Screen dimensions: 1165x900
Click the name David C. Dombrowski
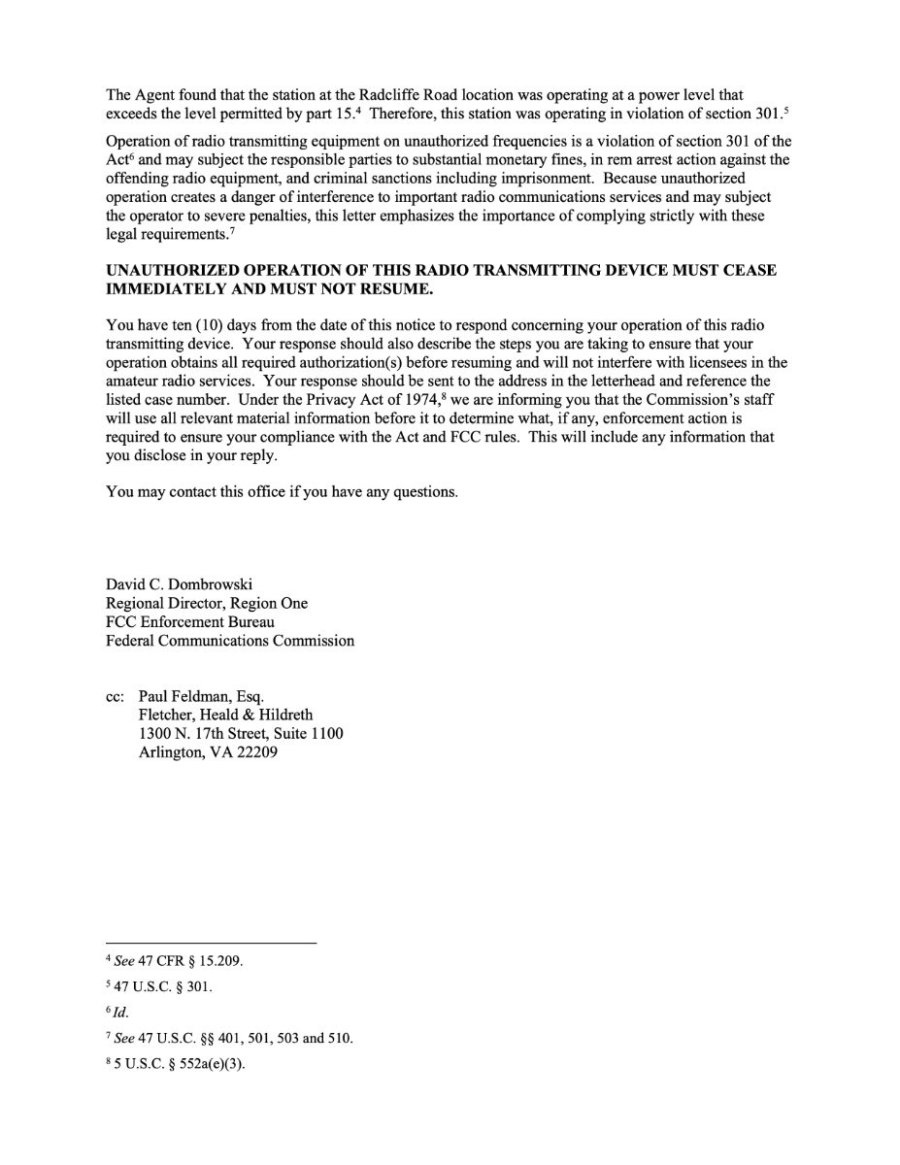pyautogui.click(x=179, y=584)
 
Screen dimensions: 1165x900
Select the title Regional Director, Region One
pyautogui.click(x=207, y=603)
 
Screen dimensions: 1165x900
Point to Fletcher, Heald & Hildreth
pyautogui.click(x=225, y=715)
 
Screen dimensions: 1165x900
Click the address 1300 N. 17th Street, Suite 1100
pyautogui.click(x=241, y=733)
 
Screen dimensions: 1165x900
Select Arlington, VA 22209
pyautogui.click(x=209, y=751)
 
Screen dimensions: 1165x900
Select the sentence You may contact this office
pyautogui.click(x=281, y=491)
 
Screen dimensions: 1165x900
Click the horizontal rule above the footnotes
pyautogui.click(x=211, y=943)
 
